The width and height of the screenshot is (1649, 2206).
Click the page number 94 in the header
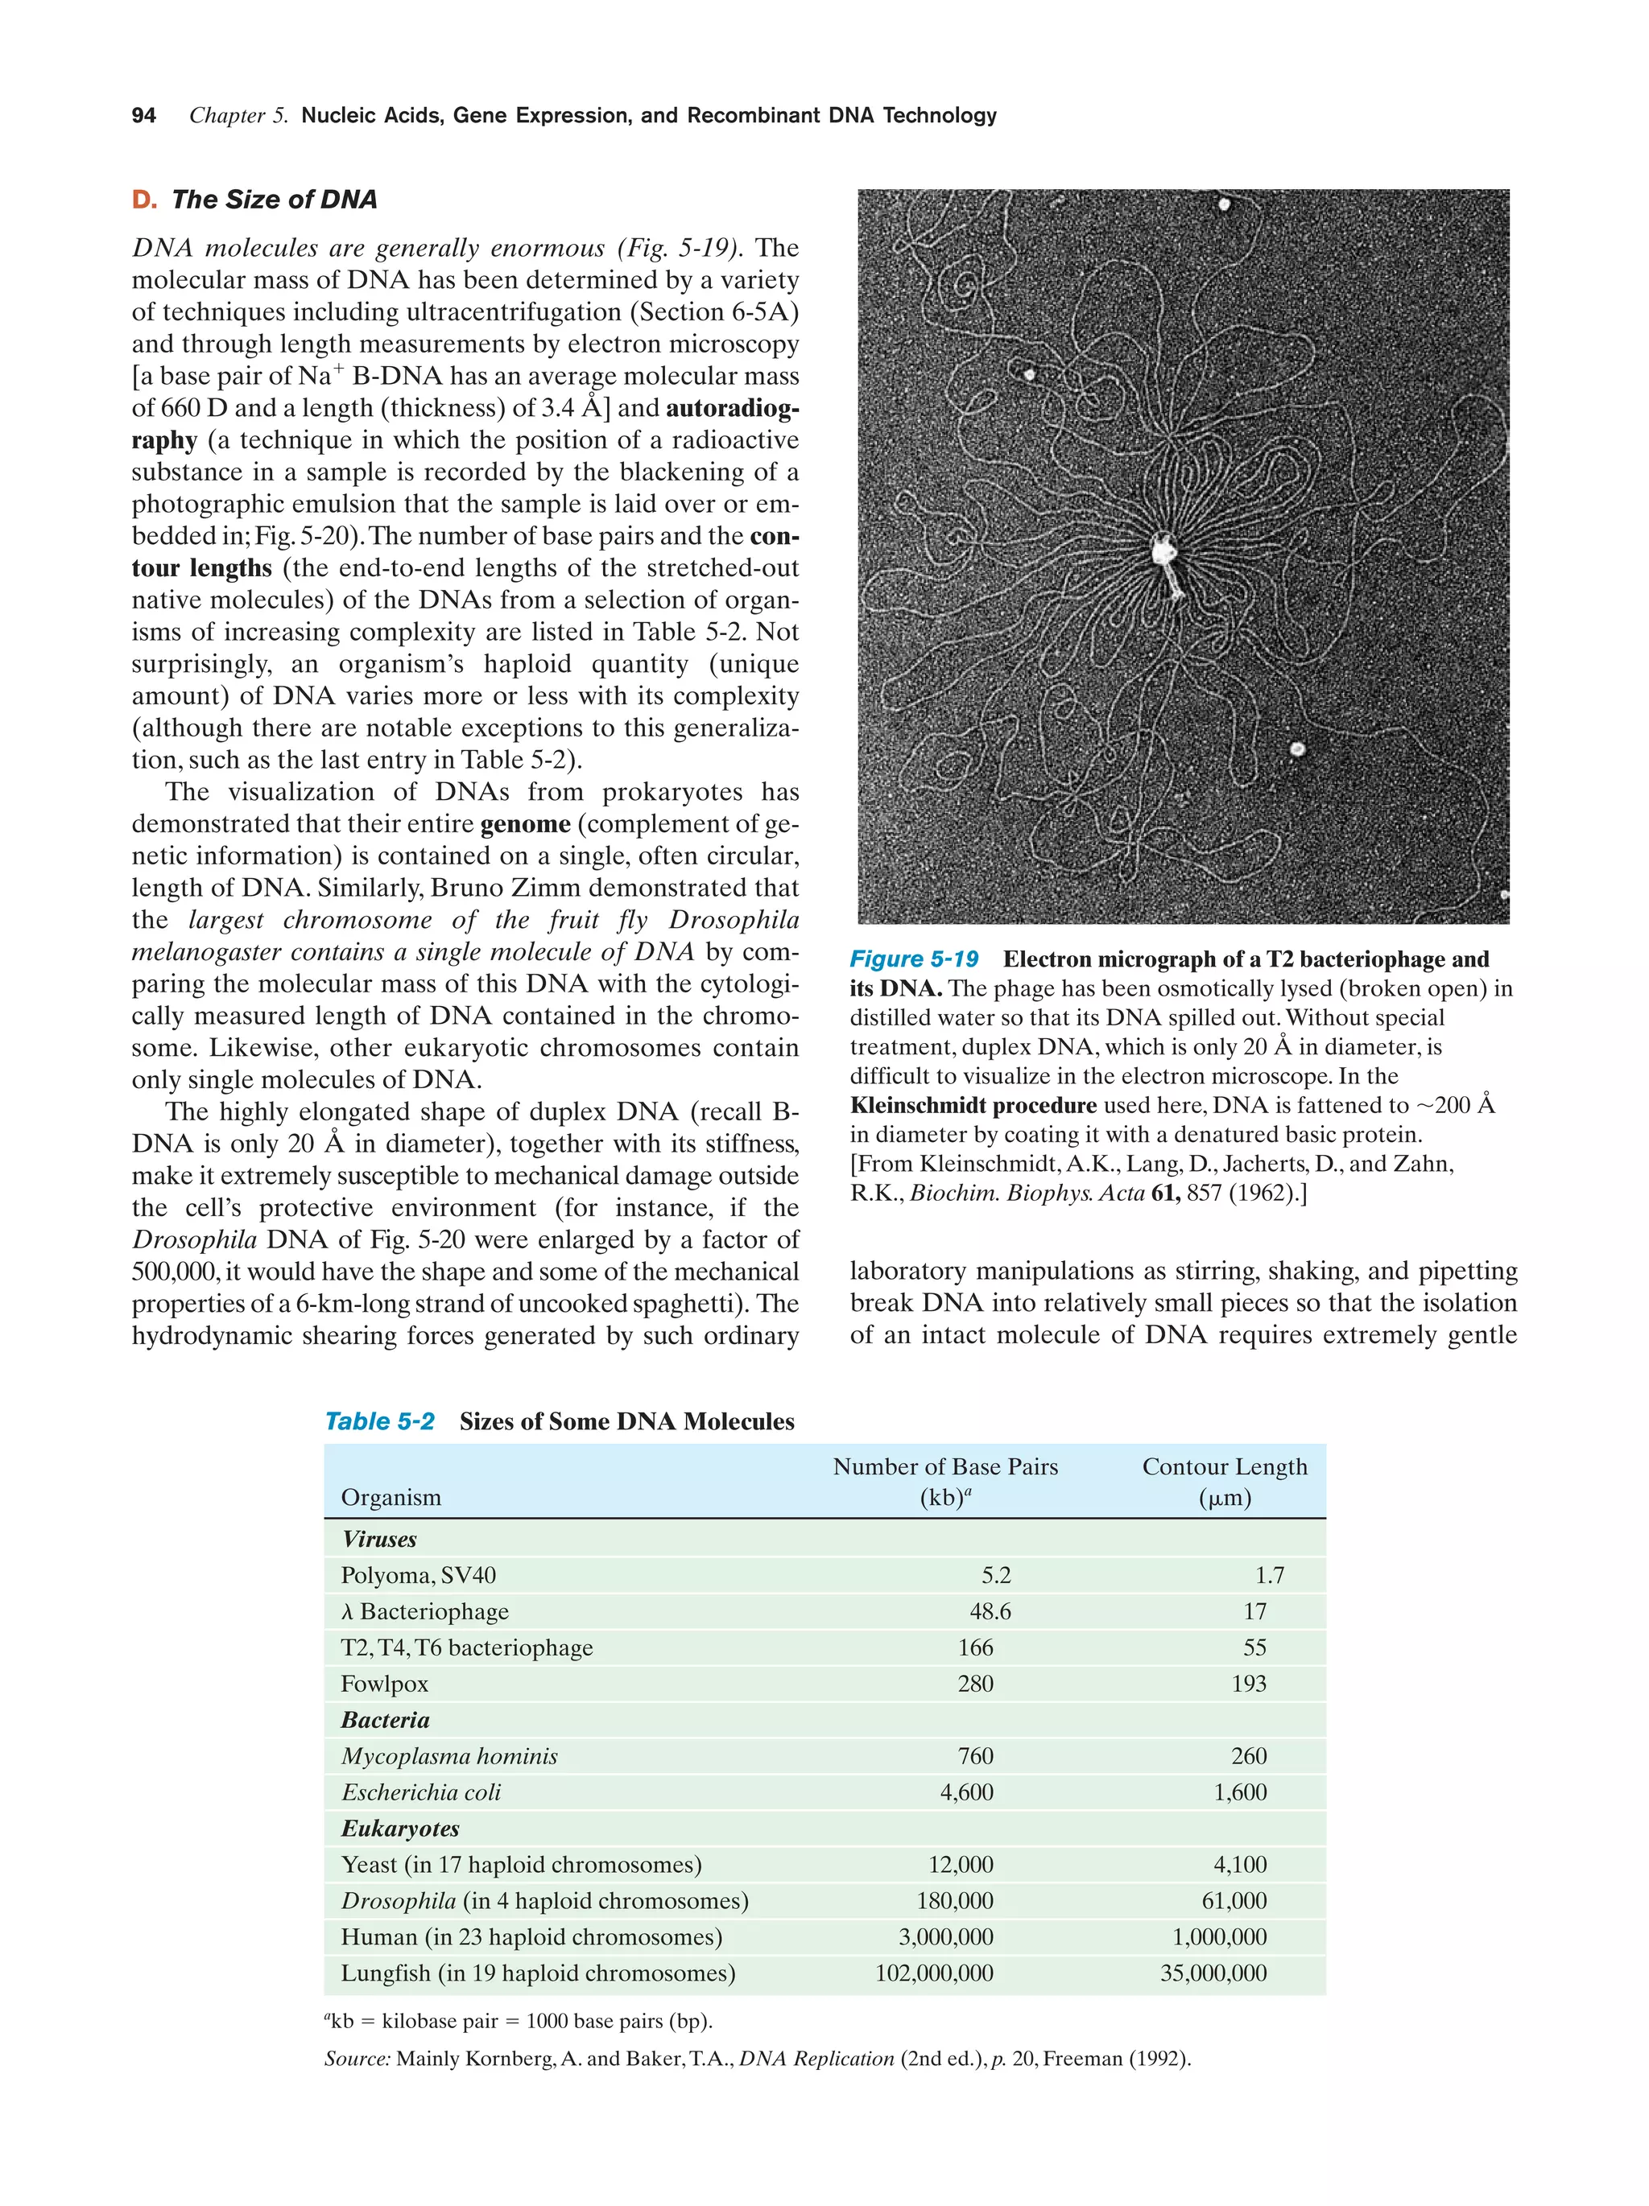pos(143,116)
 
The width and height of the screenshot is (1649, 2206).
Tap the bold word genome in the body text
pos(525,824)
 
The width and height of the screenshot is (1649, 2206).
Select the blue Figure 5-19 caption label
pos(914,959)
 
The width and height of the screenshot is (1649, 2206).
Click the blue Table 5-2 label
pos(380,1421)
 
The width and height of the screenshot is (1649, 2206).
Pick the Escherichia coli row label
pos(421,1792)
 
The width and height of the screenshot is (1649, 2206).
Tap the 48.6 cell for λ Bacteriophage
pos(990,1611)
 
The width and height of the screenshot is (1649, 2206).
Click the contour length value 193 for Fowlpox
pos(1248,1684)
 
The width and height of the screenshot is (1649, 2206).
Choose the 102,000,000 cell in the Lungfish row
pos(934,1973)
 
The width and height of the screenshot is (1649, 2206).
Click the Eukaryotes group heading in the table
pos(400,1828)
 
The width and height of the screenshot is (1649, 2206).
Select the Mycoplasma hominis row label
pos(449,1756)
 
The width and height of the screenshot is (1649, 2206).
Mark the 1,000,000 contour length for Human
pos(1219,1936)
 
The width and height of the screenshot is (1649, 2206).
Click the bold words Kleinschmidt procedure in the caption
pos(973,1105)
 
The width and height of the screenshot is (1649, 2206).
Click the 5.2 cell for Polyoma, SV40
pos(995,1576)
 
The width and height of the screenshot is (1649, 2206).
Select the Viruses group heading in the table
pos(379,1539)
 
